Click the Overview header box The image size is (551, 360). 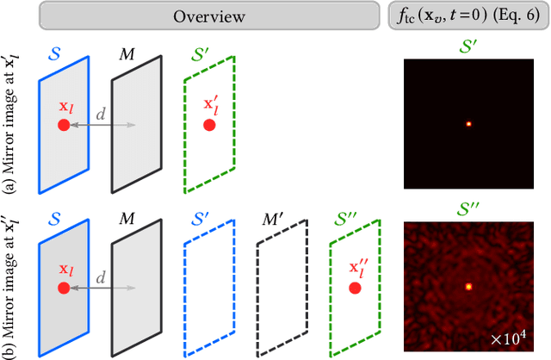pyautogui.click(x=208, y=16)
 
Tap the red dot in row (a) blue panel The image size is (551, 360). pyautogui.click(x=64, y=125)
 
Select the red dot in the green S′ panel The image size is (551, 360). pyautogui.click(x=209, y=125)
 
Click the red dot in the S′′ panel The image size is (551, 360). pyautogui.click(x=354, y=288)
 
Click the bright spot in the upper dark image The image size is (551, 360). pyautogui.click(x=468, y=123)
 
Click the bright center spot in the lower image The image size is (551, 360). pyautogui.click(x=468, y=286)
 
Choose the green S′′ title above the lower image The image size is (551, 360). pyautogui.click(x=469, y=207)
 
